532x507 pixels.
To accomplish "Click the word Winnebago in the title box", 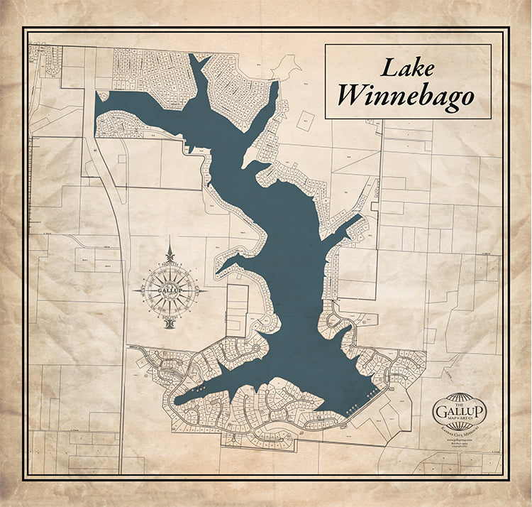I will [406, 96].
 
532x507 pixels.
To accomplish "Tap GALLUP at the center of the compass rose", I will [170, 290].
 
